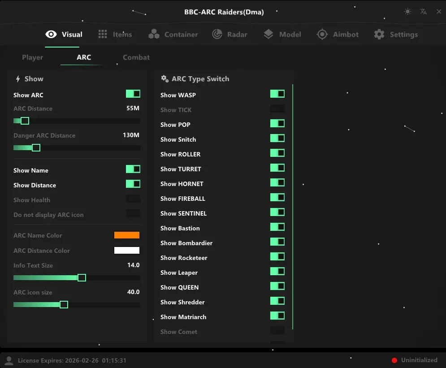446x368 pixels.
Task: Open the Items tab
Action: coord(115,35)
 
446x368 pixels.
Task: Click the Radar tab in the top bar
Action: coord(230,35)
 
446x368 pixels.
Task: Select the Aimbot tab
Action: coord(338,35)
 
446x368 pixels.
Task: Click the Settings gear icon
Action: coord(379,35)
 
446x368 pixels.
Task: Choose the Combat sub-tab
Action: coord(136,57)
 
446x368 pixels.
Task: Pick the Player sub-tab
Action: coord(32,57)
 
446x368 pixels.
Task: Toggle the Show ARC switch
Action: coord(133,94)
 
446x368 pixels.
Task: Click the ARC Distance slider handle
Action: coord(25,121)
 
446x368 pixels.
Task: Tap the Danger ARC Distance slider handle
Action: coord(36,148)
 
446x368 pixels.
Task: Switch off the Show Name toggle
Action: coord(133,169)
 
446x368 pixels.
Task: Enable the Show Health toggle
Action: coord(133,199)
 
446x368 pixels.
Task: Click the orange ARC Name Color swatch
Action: coord(127,235)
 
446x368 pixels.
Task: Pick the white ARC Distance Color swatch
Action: coord(127,250)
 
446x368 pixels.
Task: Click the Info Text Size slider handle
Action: coord(82,278)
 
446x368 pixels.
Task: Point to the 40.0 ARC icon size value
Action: coord(134,292)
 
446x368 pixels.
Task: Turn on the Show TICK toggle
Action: coord(277,108)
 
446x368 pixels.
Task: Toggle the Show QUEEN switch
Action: coord(277,286)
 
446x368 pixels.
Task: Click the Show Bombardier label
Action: coord(186,243)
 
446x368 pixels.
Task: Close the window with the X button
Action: coord(439,12)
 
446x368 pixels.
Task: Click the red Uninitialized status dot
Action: coord(394,360)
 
